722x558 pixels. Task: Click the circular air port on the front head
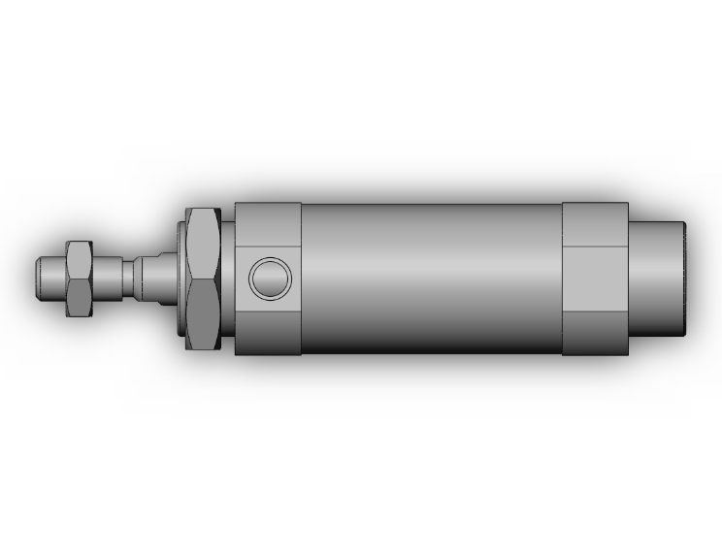pos(270,279)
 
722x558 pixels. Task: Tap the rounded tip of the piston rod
pos(41,278)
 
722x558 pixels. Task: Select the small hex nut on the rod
pos(77,278)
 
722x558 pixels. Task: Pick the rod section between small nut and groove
pos(115,278)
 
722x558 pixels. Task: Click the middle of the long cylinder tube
pos(432,279)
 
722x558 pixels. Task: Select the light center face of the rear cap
pos(595,279)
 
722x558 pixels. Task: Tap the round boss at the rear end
pos(660,279)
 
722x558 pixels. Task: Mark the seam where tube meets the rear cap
pos(563,279)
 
